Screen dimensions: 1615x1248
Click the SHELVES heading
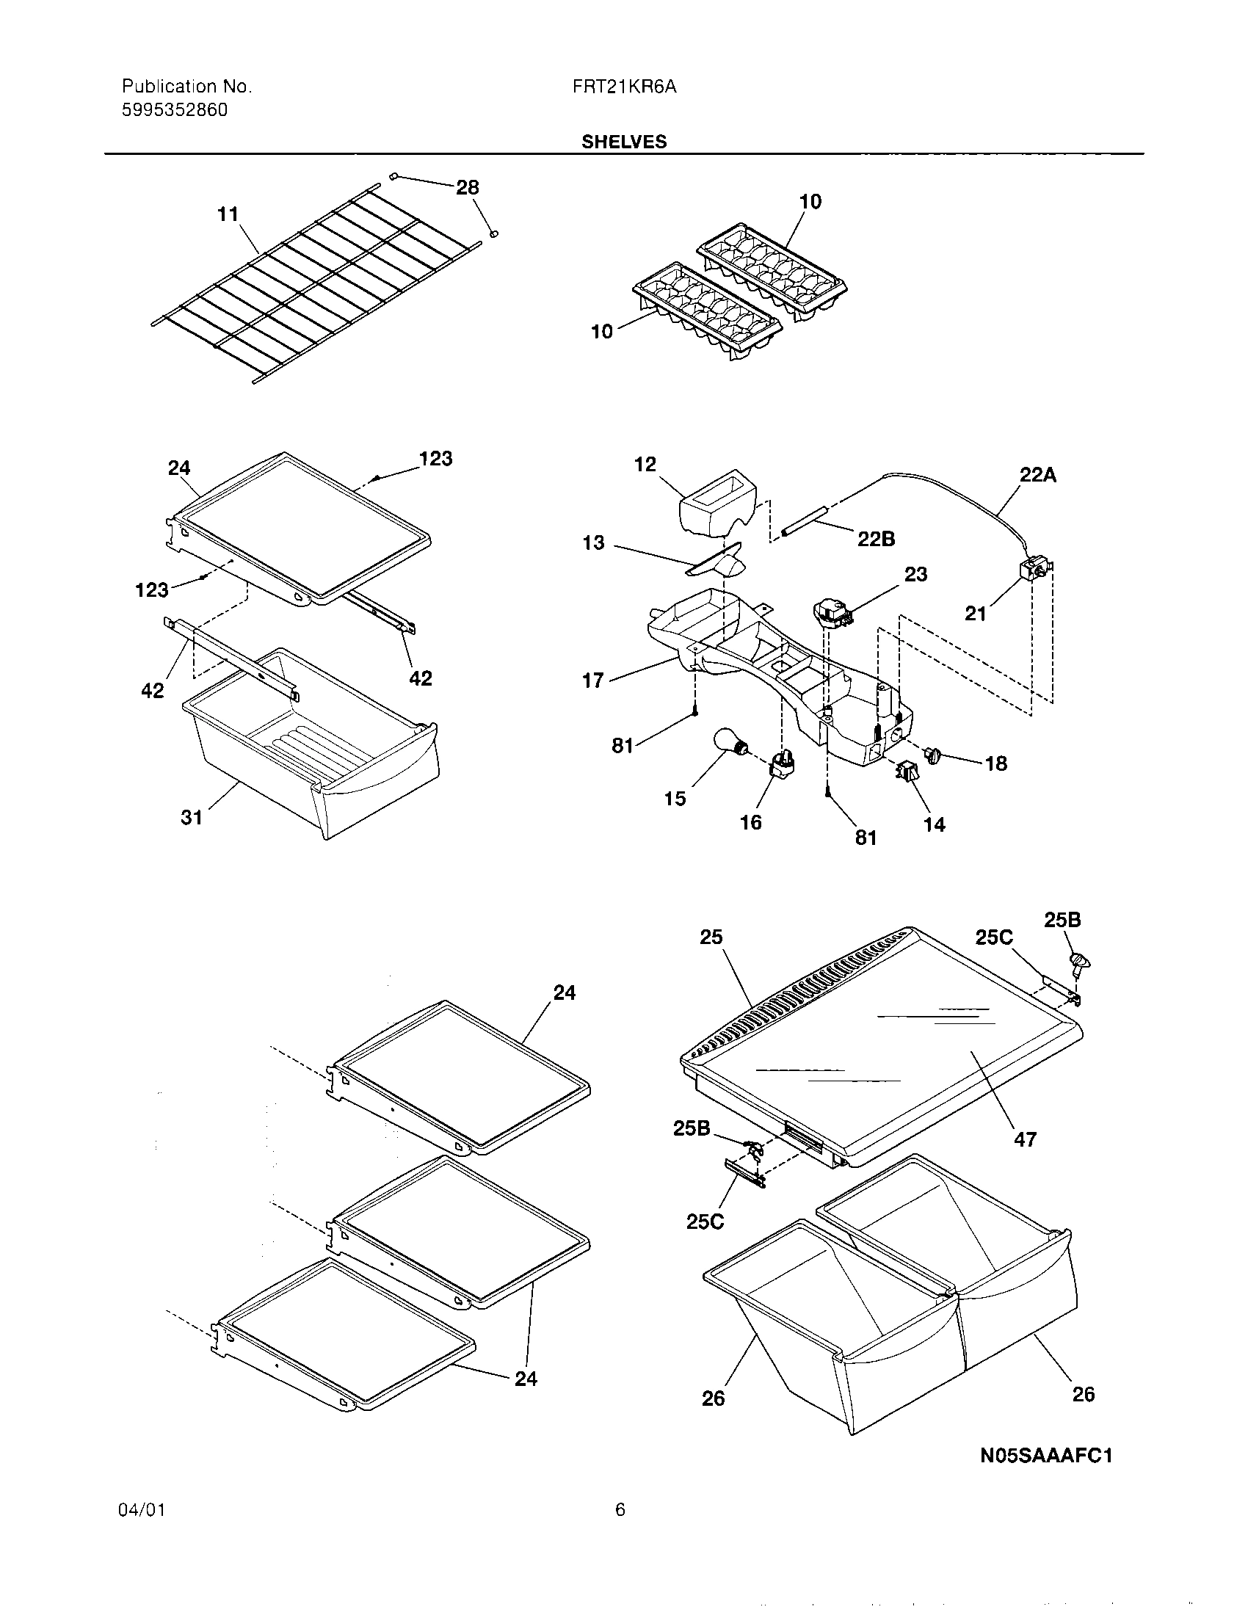(x=623, y=142)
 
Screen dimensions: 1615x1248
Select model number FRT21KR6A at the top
(x=624, y=87)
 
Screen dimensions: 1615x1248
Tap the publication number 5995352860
(x=175, y=111)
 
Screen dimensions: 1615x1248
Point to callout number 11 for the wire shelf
(x=228, y=214)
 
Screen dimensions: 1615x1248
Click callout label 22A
(x=1037, y=476)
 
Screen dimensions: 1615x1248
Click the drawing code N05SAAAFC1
(x=1045, y=1456)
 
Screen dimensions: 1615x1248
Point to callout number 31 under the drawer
(x=192, y=817)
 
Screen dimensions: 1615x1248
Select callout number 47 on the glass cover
(x=1025, y=1139)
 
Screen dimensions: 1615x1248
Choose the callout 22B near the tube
(x=876, y=539)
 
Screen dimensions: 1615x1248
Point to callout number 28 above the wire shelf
(x=467, y=188)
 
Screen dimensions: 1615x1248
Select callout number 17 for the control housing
(x=593, y=681)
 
